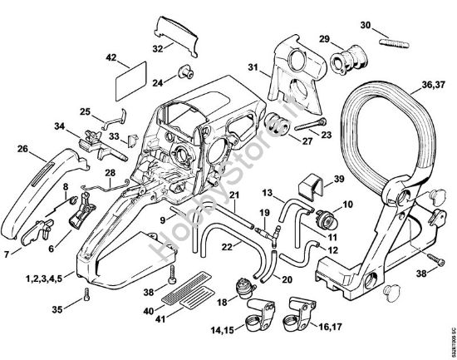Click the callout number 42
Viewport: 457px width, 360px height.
point(110,57)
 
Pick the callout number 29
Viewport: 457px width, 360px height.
point(326,39)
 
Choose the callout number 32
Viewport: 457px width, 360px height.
point(158,49)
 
